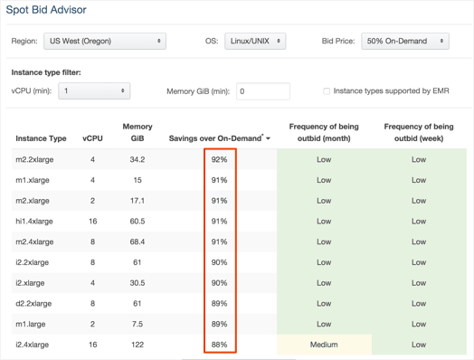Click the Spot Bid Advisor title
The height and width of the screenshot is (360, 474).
(46, 10)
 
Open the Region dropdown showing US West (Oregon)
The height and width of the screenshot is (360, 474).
(105, 41)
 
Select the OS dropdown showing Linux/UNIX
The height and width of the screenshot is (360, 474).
(255, 41)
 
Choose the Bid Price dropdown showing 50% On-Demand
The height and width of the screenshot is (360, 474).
(405, 41)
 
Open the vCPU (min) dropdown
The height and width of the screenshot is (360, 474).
(94, 90)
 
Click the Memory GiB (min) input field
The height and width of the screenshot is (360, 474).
(263, 91)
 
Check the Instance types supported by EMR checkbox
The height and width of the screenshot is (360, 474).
(327, 91)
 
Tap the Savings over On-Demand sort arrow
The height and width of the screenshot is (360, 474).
(268, 138)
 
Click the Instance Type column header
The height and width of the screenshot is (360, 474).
(41, 138)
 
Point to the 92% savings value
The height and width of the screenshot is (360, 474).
(219, 159)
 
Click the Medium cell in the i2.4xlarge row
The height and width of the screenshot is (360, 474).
(324, 345)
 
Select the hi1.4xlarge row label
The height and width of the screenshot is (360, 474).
(34, 222)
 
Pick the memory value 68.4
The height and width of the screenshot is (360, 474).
(137, 242)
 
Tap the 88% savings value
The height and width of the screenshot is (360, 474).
(219, 345)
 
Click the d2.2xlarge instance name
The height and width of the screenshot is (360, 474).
(33, 304)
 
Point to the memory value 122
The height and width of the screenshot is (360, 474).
(137, 345)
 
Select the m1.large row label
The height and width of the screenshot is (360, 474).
(31, 324)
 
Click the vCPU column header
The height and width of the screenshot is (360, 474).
(92, 138)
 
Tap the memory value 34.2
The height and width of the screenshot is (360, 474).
(137, 159)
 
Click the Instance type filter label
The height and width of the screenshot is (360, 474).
(46, 72)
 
